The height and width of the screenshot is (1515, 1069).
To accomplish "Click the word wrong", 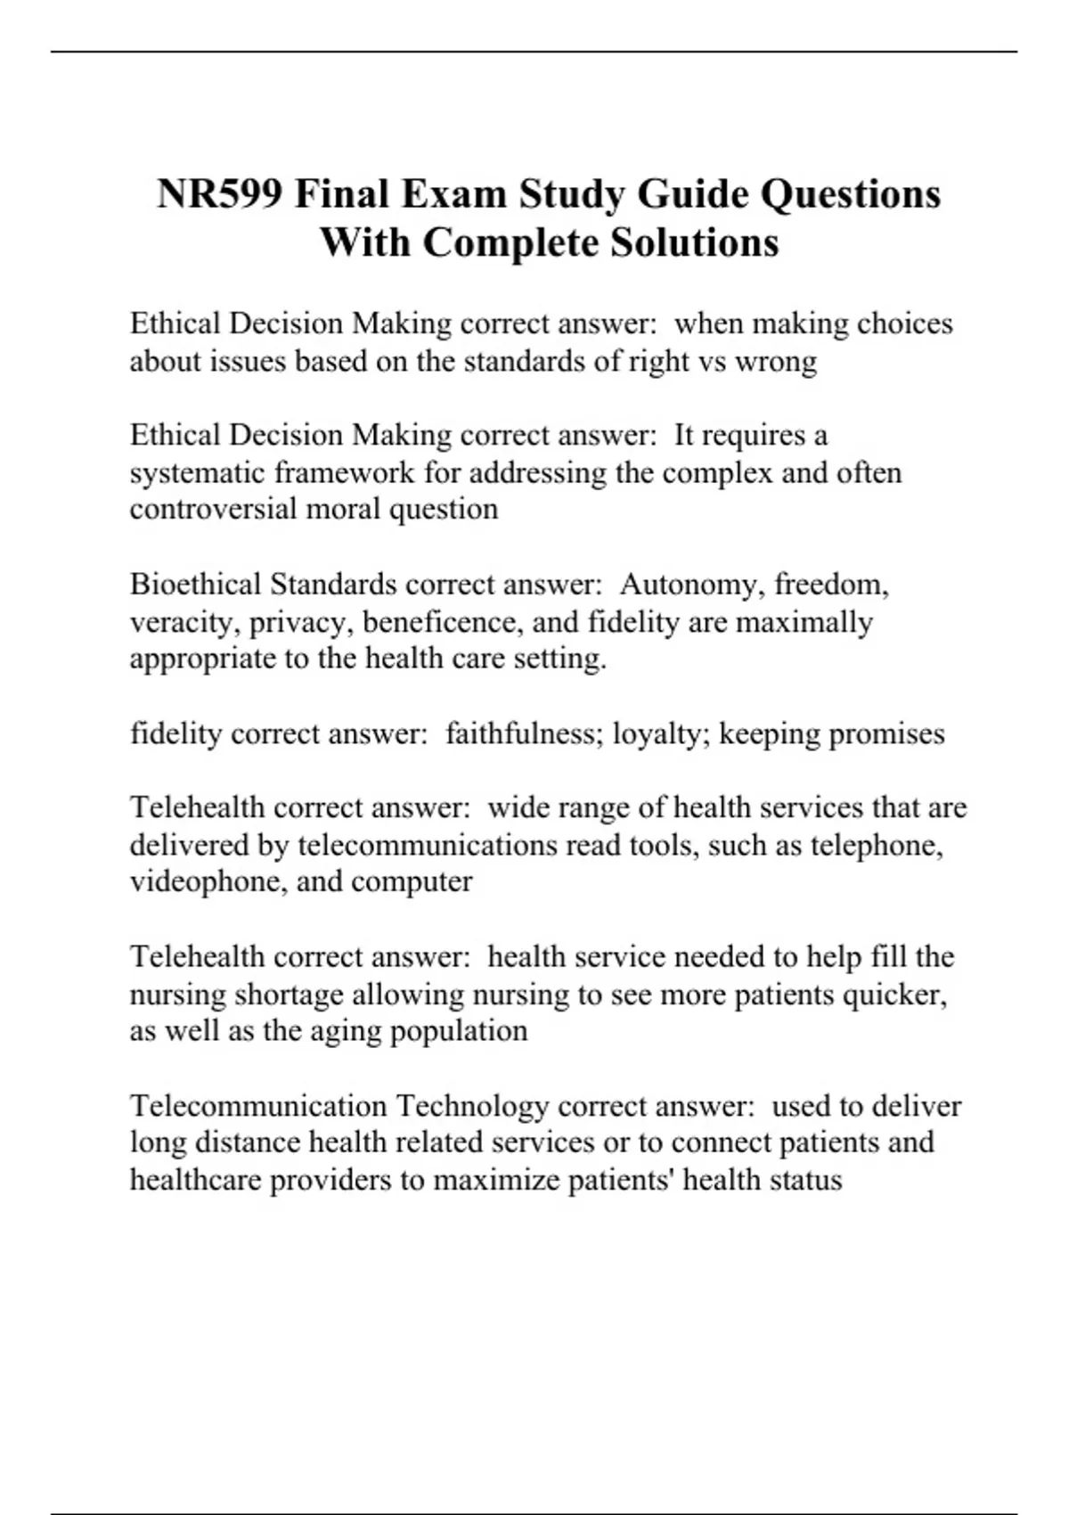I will tap(775, 361).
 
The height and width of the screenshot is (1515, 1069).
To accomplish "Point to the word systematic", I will tap(197, 472).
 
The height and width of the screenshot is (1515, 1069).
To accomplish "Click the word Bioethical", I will tap(195, 585).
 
